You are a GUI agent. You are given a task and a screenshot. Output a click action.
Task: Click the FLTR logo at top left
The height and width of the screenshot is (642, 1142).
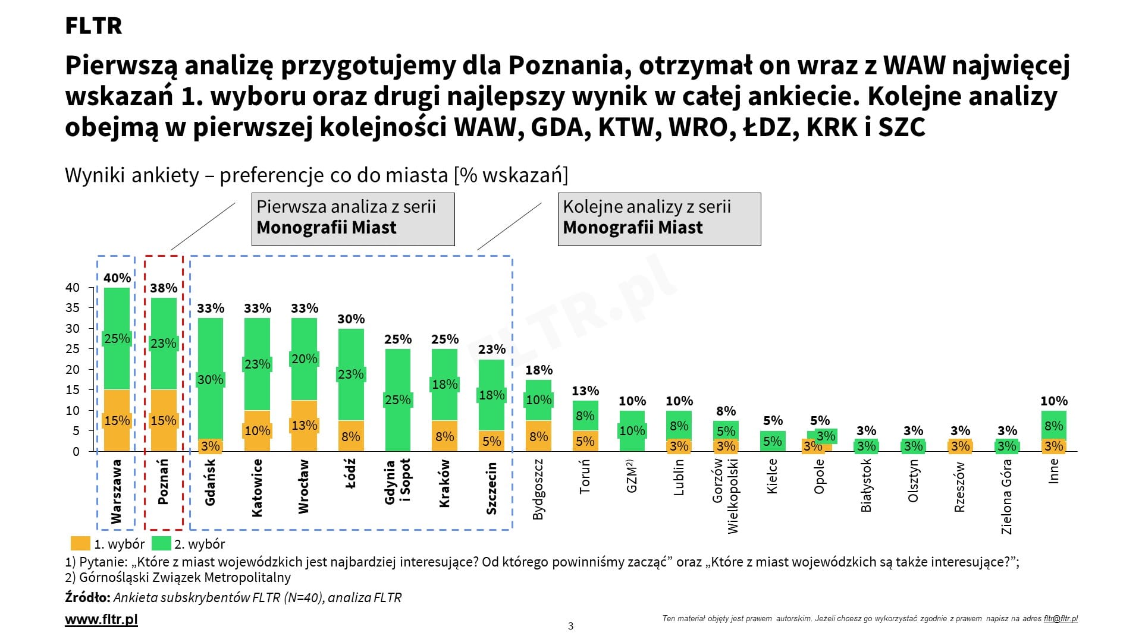click(93, 26)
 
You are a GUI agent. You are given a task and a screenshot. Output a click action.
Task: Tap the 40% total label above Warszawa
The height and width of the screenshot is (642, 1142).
click(117, 278)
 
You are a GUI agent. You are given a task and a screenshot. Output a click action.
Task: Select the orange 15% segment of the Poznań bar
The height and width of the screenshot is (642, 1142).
click(164, 420)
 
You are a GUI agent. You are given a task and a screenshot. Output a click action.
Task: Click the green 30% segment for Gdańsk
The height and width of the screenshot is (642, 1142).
click(210, 379)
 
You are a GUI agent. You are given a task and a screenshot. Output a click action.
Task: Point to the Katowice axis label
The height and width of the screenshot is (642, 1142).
click(257, 487)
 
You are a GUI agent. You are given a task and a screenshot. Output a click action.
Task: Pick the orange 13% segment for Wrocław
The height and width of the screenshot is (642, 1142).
click(304, 426)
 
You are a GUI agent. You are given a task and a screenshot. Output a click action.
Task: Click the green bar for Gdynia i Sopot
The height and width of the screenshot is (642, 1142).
click(397, 399)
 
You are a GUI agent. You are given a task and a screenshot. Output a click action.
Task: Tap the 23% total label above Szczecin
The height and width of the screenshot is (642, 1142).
click(492, 350)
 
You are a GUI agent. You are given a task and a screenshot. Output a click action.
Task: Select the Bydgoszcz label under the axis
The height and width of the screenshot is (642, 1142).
click(538, 489)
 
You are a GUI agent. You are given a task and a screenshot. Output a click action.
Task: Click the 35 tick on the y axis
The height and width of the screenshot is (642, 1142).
click(72, 308)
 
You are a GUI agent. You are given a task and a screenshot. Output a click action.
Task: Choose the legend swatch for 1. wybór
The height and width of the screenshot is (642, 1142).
click(80, 543)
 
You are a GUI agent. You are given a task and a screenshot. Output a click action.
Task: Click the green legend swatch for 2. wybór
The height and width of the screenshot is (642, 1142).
click(161, 543)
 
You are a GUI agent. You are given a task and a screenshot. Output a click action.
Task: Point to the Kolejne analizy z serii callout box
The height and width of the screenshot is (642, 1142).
click(659, 219)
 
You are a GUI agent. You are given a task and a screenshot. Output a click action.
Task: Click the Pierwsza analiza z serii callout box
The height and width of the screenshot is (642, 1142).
click(353, 219)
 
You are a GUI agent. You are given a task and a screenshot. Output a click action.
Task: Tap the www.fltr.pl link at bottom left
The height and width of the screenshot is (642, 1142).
click(101, 619)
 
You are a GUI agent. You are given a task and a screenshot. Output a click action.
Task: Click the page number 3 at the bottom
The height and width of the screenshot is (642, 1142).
click(571, 626)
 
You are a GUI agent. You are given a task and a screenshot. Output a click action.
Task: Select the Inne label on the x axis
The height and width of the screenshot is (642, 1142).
click(1053, 471)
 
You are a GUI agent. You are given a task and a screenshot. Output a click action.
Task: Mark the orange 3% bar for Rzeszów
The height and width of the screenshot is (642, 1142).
click(960, 446)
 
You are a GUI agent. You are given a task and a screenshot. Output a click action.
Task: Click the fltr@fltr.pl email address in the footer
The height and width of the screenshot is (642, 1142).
click(1061, 619)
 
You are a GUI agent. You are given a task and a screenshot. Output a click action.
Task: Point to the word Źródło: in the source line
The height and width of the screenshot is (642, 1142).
click(87, 597)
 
